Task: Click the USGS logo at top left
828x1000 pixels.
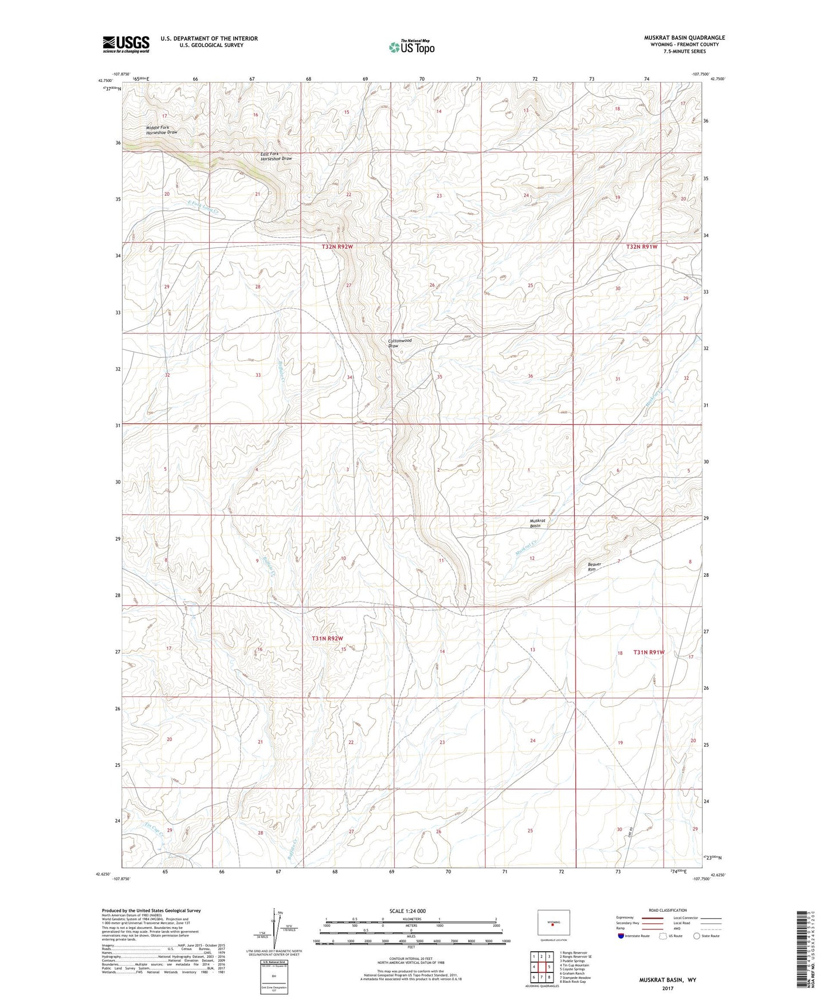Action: coord(126,44)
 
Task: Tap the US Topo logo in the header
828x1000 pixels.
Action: coord(411,47)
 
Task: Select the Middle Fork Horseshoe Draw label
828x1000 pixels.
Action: coord(162,129)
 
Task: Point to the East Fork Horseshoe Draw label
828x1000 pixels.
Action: coord(276,156)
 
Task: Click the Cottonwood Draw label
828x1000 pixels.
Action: coord(399,343)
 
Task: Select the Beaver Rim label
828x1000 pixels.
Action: coord(595,566)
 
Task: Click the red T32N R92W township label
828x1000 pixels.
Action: coord(337,247)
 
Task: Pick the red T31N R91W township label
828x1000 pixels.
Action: coord(649,652)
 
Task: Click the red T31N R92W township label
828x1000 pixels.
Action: coord(327,638)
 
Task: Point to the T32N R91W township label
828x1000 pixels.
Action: coord(641,247)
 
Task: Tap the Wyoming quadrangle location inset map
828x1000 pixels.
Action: coord(553,923)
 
